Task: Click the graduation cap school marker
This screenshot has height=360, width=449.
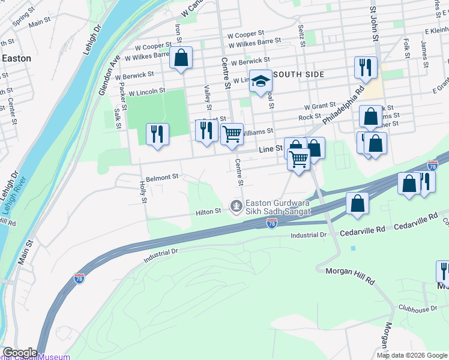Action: click(x=261, y=82)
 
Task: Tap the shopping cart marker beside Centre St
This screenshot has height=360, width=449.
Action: click(x=232, y=134)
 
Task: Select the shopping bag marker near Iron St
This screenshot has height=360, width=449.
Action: click(x=181, y=58)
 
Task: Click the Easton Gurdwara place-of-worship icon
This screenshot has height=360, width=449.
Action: click(x=237, y=206)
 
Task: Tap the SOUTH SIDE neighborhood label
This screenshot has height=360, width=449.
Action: click(x=300, y=74)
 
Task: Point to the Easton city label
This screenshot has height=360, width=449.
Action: click(x=16, y=59)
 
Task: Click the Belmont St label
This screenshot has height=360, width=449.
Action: click(x=163, y=177)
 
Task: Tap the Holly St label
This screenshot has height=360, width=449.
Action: click(x=143, y=192)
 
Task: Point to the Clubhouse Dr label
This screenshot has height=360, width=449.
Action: click(x=417, y=308)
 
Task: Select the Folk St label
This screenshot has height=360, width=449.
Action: click(x=407, y=48)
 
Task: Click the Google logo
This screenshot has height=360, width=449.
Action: click(x=19, y=353)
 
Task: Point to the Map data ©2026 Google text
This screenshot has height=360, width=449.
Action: click(x=412, y=355)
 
